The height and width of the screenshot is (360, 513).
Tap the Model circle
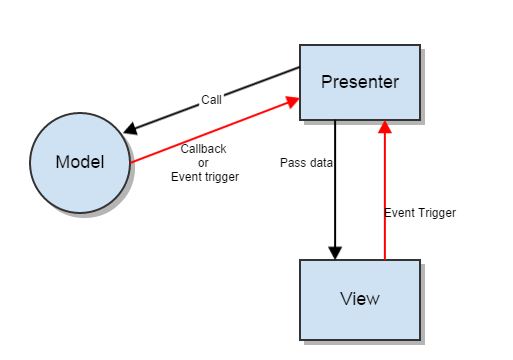coord(80,163)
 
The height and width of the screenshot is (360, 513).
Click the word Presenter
coord(360,82)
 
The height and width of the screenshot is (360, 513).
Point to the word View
coord(360,298)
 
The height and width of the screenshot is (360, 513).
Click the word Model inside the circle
coord(80,163)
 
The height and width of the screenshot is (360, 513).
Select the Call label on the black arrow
coord(212,99)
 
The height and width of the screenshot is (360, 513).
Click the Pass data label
coord(307,161)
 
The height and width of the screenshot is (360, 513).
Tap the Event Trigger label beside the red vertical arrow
coord(420,212)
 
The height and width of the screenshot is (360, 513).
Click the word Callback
coord(204,149)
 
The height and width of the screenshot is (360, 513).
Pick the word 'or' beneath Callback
coord(204,162)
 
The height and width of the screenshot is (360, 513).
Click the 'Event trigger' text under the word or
coord(205,176)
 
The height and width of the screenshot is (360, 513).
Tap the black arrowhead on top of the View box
coord(336,252)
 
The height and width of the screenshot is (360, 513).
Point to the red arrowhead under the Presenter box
coord(384,126)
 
